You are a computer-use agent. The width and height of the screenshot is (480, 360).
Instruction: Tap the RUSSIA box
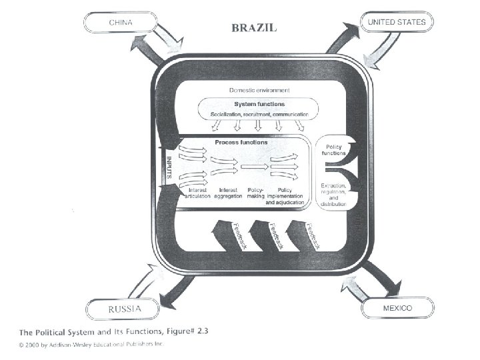[124, 309]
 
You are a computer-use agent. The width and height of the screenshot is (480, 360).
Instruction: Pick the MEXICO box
[398, 309]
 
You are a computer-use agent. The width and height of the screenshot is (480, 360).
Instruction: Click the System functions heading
[259, 104]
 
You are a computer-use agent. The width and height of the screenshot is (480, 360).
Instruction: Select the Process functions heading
[241, 142]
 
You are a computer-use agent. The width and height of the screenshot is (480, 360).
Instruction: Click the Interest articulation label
[196, 193]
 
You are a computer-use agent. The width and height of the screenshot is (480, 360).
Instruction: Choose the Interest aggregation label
[229, 193]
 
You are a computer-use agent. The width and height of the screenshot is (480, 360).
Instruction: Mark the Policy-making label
[256, 193]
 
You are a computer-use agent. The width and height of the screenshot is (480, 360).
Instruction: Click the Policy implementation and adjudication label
[285, 196]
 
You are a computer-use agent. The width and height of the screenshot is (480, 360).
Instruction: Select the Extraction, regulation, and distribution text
[333, 193]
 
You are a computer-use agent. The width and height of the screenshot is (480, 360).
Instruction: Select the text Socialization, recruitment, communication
[259, 114]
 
